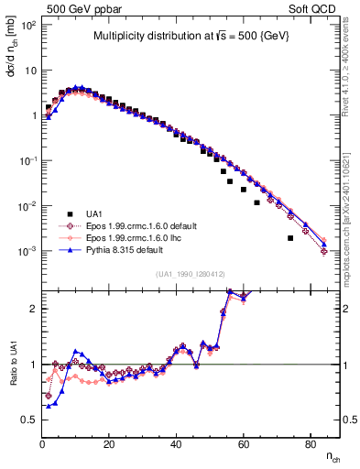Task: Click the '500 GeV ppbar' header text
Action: point(76,7)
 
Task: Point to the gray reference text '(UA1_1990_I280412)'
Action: point(192,274)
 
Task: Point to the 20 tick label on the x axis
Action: point(109,444)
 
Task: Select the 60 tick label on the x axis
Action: point(243,444)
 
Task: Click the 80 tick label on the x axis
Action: point(310,444)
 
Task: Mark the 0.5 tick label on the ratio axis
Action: point(30,420)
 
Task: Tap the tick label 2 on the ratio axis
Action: point(34,309)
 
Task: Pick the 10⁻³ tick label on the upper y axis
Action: point(28,251)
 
